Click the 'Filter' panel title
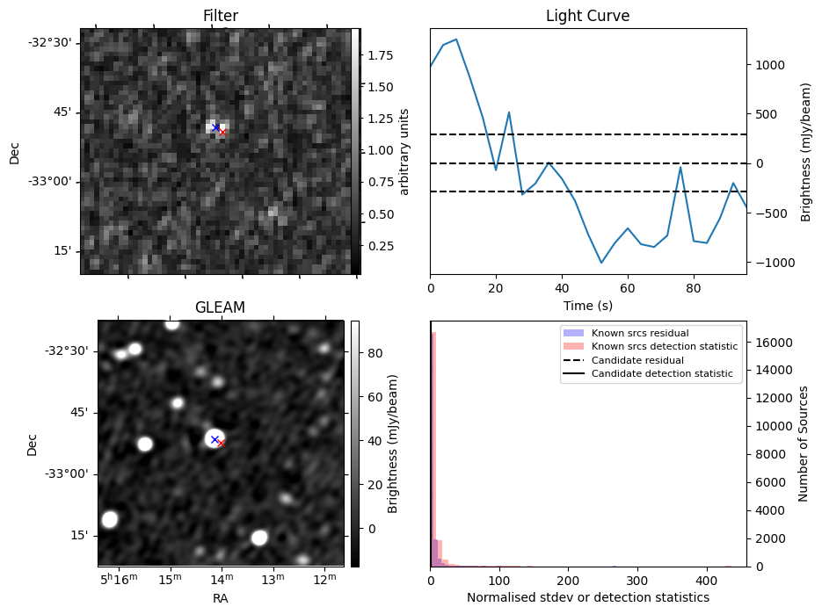[220, 16]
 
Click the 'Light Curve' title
[587, 16]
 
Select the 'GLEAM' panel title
[220, 307]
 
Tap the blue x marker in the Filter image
[215, 127]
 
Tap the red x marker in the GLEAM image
[221, 444]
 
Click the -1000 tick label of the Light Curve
[774, 263]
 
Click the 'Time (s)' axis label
[587, 305]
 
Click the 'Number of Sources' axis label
[803, 444]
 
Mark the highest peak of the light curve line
[456, 40]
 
